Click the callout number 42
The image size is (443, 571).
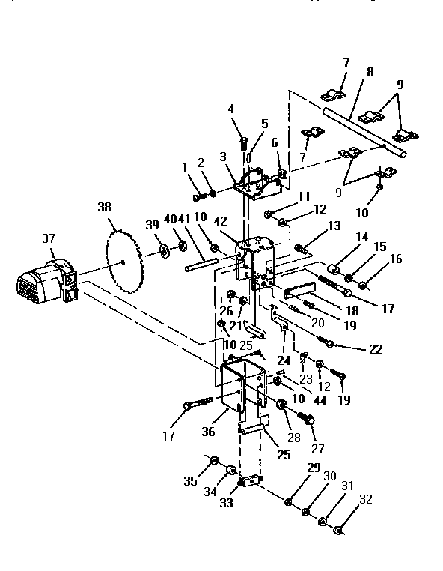(220, 222)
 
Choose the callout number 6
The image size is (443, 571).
(275, 143)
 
